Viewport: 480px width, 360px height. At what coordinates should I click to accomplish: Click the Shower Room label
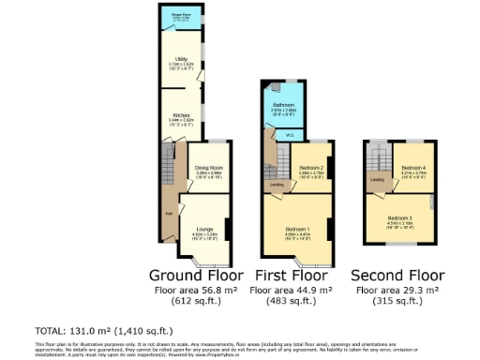coord(182,15)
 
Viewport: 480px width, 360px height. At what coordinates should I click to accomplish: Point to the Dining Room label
coord(208,170)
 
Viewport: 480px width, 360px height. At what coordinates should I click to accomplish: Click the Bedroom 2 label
coord(310,170)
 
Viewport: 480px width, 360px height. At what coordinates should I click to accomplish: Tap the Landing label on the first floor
coord(277,184)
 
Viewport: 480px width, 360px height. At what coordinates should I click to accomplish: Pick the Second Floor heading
coord(397,276)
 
